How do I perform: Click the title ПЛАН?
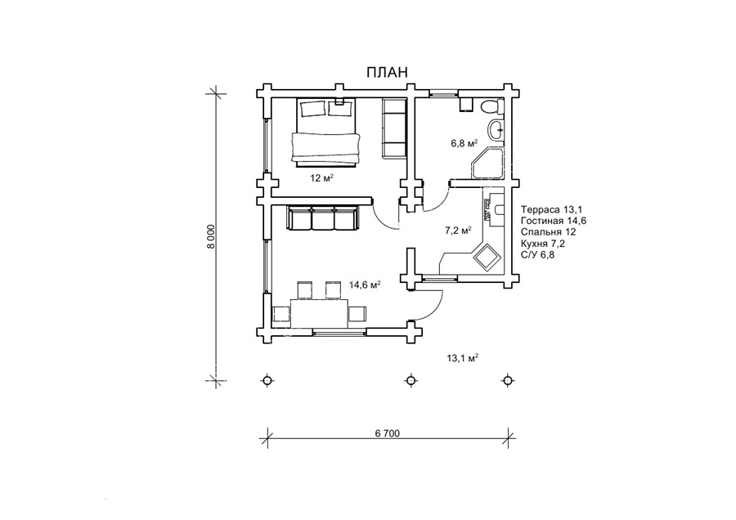coord(388,72)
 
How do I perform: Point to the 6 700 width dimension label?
coord(388,433)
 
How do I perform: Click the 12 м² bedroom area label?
coord(321,178)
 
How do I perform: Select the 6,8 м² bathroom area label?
coord(464,143)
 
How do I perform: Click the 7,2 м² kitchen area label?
coord(458,231)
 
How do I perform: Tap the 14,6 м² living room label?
coord(365,285)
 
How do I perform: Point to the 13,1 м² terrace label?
coord(463,358)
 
